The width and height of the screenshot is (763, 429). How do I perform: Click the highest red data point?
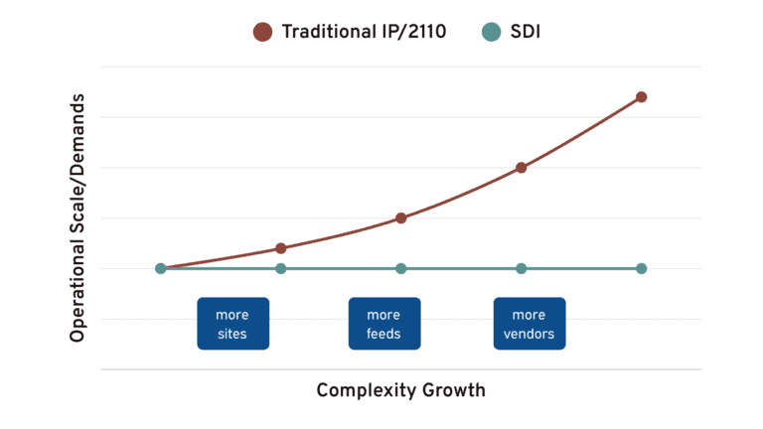point(641,97)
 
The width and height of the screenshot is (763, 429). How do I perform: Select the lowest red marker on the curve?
point(281,248)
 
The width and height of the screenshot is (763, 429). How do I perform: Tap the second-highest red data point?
point(521,168)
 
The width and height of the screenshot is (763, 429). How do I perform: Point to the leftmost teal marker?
point(161,268)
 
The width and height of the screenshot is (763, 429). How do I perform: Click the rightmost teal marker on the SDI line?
point(641,268)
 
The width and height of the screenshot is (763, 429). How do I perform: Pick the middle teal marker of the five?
point(400,268)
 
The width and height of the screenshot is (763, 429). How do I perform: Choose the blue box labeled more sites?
point(231,324)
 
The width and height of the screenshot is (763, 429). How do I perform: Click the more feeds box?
point(383,324)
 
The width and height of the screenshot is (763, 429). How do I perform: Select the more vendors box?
point(529,324)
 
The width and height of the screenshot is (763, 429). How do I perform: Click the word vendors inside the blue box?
point(529,334)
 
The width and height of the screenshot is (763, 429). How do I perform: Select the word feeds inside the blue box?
point(383,334)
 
